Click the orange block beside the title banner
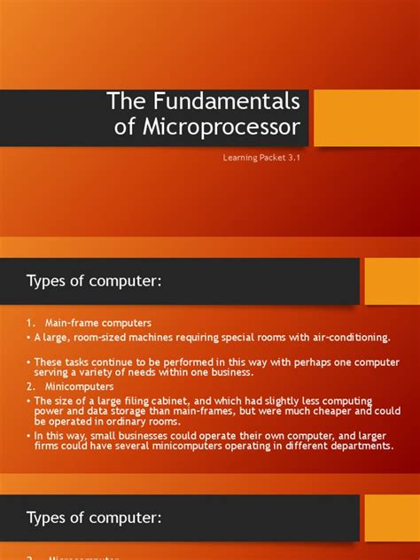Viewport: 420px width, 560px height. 366,118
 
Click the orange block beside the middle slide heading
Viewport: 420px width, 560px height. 392,281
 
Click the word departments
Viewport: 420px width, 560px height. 358,446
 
